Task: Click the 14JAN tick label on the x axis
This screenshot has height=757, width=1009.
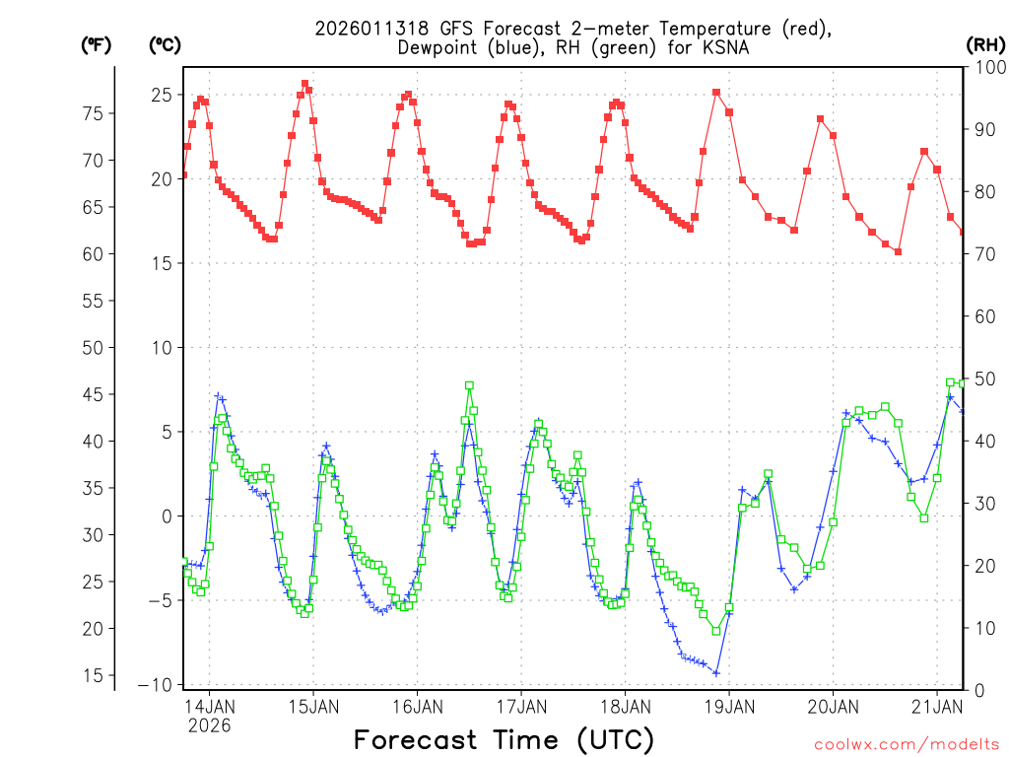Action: (x=210, y=707)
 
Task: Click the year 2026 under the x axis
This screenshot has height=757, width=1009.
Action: (x=210, y=725)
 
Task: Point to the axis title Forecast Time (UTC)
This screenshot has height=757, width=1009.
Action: (x=504, y=739)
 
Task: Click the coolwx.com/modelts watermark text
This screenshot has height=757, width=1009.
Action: (x=906, y=742)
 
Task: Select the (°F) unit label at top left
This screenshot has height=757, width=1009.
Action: (x=96, y=44)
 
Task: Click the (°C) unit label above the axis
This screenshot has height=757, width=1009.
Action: (x=165, y=44)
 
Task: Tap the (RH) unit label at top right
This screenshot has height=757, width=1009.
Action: (x=985, y=44)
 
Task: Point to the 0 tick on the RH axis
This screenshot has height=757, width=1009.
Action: (x=977, y=690)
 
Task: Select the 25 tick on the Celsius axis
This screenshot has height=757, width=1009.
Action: (x=161, y=95)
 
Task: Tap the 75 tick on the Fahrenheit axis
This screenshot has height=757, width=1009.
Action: (x=91, y=113)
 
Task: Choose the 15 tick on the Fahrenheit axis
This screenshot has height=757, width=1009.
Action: (x=91, y=676)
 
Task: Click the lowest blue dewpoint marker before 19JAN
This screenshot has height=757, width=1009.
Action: (x=716, y=673)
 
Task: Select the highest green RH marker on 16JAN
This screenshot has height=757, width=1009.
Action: (x=469, y=385)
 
